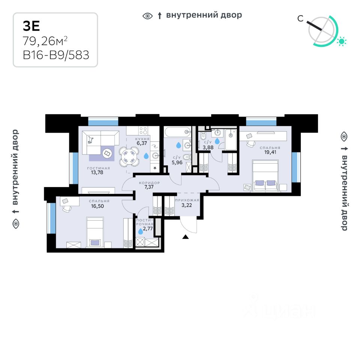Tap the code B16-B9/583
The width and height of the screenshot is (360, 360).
click(x=56, y=55)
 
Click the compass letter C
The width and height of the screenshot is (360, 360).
click(x=300, y=18)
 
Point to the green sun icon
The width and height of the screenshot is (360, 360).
click(x=341, y=41)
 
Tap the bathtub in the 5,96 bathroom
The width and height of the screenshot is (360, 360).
click(x=178, y=132)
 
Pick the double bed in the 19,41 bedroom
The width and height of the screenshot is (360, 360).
click(x=266, y=175)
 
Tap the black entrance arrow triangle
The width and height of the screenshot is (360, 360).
click(x=185, y=237)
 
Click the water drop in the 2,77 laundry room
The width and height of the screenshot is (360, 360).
click(x=141, y=231)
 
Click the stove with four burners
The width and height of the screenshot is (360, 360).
click(x=143, y=130)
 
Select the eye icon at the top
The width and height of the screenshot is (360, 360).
click(x=148, y=16)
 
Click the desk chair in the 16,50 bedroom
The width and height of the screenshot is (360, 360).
click(x=66, y=208)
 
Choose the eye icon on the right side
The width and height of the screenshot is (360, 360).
click(x=343, y=136)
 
